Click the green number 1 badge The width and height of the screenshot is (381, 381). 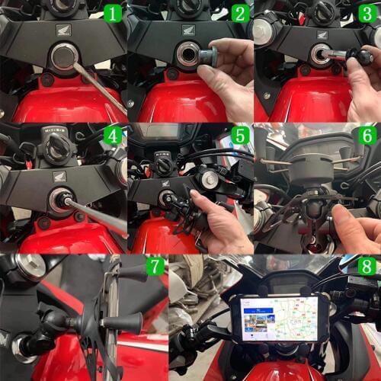click(112, 13)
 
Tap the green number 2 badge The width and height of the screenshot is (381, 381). click(240, 13)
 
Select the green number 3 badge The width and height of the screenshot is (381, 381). click(367, 13)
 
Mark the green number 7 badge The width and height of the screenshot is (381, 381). click(155, 267)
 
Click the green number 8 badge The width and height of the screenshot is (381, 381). click(367, 267)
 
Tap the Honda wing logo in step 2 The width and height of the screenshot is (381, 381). click(188, 30)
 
